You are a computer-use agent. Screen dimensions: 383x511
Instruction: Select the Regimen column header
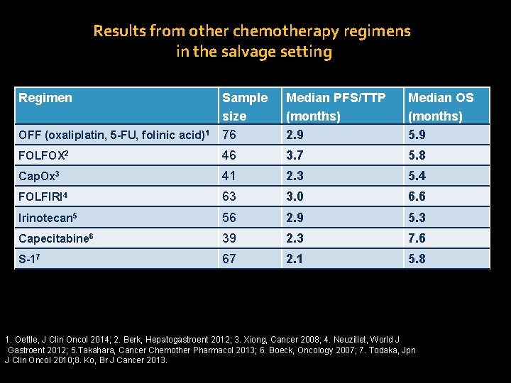pos(45,98)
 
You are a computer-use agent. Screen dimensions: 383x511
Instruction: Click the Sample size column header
pos(244,106)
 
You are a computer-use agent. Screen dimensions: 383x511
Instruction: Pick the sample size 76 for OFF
pos(229,135)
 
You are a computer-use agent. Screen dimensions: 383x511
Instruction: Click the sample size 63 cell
pos(229,196)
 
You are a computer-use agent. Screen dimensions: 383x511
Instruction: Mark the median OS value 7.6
pos(417,238)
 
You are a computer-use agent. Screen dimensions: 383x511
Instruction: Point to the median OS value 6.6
pos(417,196)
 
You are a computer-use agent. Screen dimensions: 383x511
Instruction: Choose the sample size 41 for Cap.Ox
pos(229,176)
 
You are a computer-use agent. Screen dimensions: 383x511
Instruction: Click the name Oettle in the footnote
pos(28,340)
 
